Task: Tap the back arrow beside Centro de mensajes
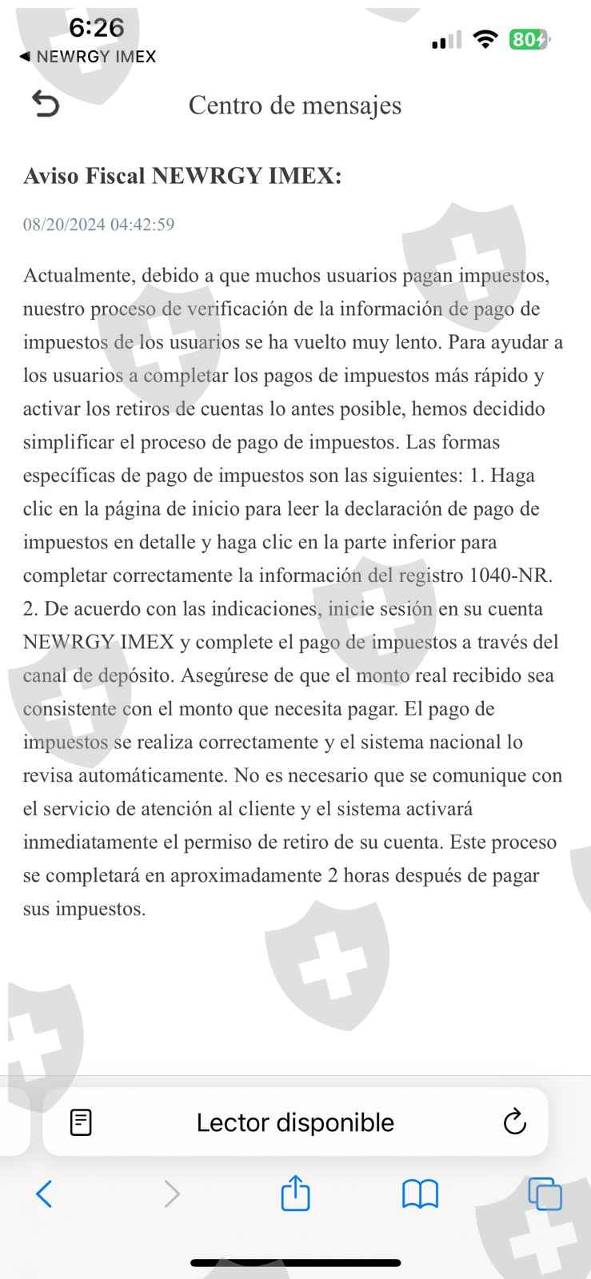(46, 104)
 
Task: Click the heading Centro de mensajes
(294, 105)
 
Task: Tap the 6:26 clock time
(96, 28)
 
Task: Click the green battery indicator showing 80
(529, 39)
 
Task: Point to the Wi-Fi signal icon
(485, 39)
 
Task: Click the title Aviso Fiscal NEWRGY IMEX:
(182, 176)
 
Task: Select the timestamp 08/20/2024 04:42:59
(98, 225)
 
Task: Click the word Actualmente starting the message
(78, 276)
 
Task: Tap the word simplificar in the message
(72, 442)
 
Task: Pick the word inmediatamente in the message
(90, 843)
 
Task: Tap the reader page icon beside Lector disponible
(81, 1122)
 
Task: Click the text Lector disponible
(295, 1122)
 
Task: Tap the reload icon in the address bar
(514, 1122)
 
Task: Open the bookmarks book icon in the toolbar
(420, 1194)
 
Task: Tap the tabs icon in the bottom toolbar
(545, 1194)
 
